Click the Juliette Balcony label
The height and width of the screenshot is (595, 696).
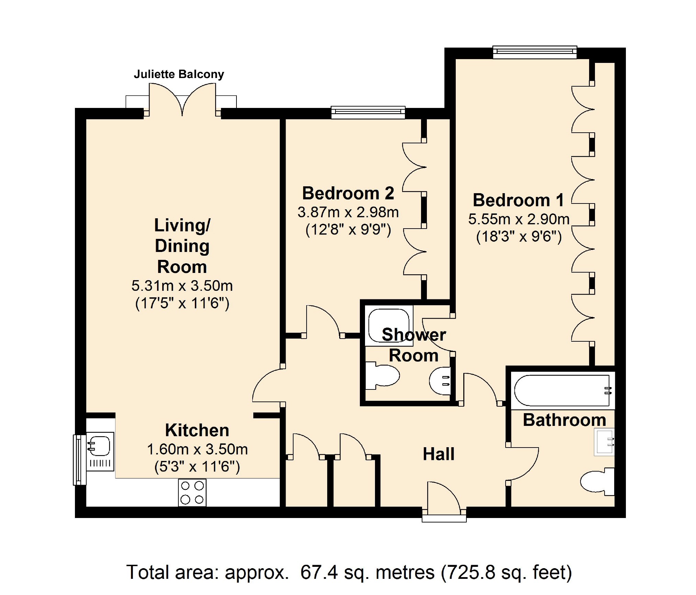point(179,74)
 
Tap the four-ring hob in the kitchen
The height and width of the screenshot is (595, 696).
point(192,493)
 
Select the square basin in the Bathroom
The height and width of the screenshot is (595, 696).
point(604,442)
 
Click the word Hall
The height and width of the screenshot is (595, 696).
point(439,454)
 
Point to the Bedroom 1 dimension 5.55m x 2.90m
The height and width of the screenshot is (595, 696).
point(519,219)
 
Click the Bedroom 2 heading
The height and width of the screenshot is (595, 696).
point(348,193)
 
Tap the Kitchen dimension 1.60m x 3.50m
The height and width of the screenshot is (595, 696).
point(197,449)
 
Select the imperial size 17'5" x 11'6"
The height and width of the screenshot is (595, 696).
point(182,303)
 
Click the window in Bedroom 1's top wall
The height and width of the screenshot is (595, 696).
point(535,52)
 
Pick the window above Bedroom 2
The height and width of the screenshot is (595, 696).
point(368,112)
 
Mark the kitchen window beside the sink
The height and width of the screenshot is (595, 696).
point(79,460)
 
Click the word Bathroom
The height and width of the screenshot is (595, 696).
point(564,420)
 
